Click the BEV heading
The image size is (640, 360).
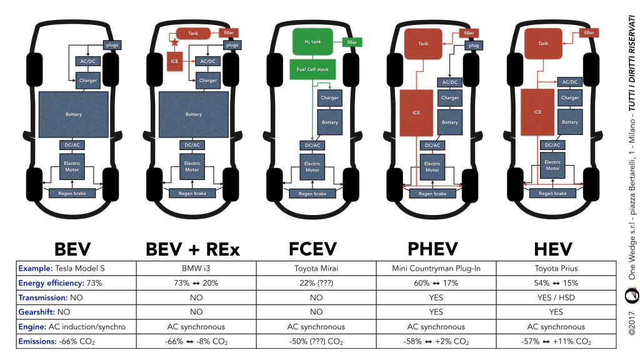coord(73,249)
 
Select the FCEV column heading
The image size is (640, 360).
coord(312,249)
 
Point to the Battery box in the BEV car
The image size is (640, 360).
coord(74,114)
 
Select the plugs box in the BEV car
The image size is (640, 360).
coord(112,45)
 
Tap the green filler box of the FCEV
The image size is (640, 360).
coord(352,42)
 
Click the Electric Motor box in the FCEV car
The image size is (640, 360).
coord(312,166)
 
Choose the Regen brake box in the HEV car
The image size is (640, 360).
coord(552,193)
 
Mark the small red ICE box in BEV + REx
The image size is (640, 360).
coord(174,61)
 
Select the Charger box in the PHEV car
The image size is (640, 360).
coord(450,98)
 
